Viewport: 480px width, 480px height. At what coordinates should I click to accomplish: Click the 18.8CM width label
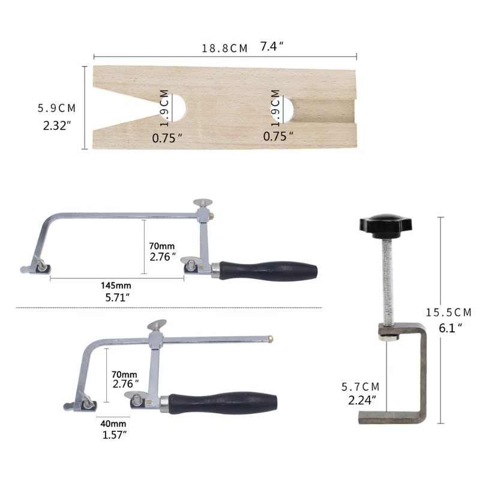[224, 49]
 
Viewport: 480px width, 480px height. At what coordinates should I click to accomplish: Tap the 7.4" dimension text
[271, 47]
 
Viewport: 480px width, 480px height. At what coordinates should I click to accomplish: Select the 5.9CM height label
[57, 109]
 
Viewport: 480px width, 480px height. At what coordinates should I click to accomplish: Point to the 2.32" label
[57, 127]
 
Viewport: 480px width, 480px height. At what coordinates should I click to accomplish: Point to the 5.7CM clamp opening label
[361, 387]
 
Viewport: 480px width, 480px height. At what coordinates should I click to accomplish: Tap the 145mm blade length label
[116, 285]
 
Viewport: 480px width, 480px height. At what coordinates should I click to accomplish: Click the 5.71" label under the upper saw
[116, 297]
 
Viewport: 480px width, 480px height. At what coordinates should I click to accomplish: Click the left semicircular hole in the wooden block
[179, 108]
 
